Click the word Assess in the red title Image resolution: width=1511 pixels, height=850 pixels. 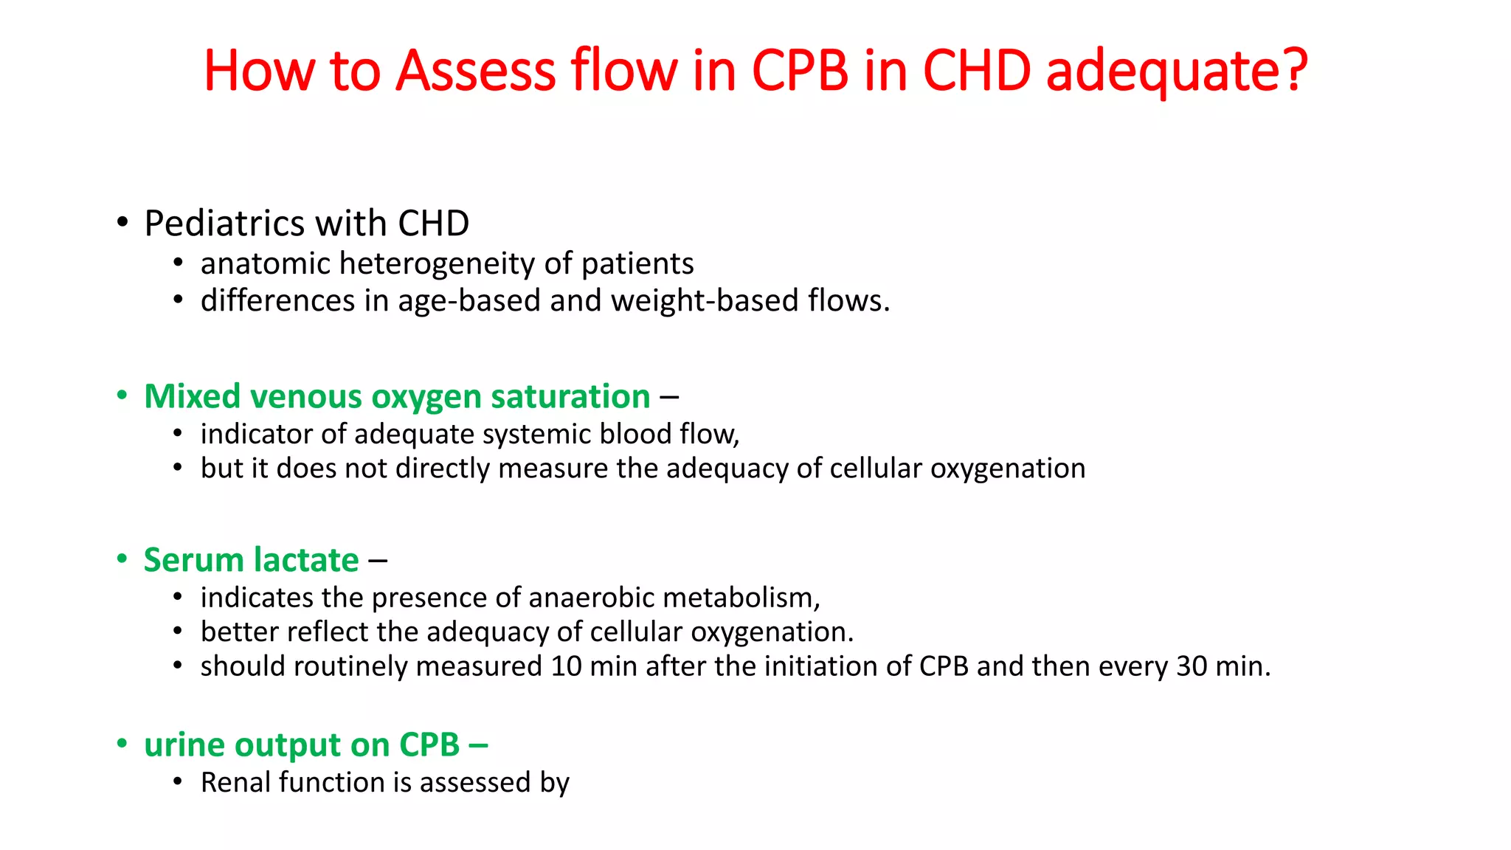[x=475, y=71]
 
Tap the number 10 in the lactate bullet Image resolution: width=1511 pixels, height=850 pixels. [x=566, y=666]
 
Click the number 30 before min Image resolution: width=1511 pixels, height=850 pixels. [x=1192, y=666]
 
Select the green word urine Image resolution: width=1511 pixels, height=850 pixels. [x=184, y=745]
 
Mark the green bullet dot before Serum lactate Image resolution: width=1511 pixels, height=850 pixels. [x=122, y=559]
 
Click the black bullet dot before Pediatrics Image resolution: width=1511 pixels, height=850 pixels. [x=122, y=222]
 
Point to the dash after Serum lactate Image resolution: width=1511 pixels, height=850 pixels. [x=378, y=561]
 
